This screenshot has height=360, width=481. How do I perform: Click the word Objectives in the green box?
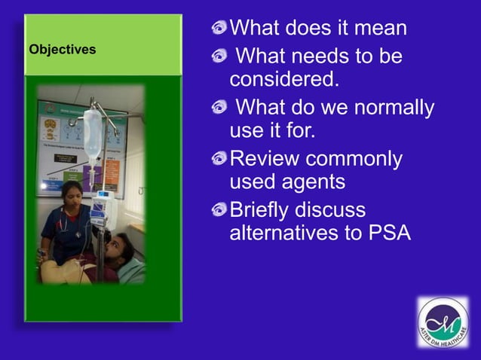point(63,50)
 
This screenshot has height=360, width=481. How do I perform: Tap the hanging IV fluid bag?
point(93,136)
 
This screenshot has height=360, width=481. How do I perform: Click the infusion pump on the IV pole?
point(101,209)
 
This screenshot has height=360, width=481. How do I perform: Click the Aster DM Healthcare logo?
point(443,322)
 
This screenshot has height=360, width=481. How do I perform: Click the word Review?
point(265,159)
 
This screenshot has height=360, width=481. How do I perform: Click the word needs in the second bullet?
point(321,56)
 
